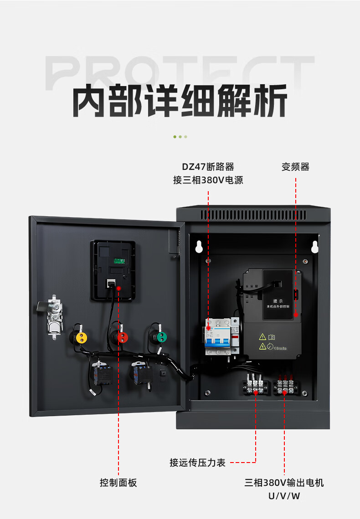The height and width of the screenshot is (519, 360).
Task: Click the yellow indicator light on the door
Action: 81,337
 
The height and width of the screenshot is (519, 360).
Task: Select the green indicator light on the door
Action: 160,337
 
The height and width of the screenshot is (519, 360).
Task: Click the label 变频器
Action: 295,167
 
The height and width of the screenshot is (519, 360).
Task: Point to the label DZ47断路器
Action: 208,167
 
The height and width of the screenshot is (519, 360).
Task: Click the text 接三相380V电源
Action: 208,180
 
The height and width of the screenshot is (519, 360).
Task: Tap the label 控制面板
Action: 118,483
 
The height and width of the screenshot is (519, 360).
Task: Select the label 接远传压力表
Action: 198,463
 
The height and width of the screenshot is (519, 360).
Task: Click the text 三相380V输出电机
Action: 284,483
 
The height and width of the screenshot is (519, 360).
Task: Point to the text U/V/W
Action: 284,496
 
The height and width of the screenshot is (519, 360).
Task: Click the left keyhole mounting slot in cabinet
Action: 199,246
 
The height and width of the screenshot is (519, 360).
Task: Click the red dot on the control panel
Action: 118,288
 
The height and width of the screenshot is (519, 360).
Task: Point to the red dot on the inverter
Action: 295,314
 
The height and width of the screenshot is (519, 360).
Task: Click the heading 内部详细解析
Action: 180,101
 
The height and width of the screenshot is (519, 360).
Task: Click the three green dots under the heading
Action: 180,137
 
